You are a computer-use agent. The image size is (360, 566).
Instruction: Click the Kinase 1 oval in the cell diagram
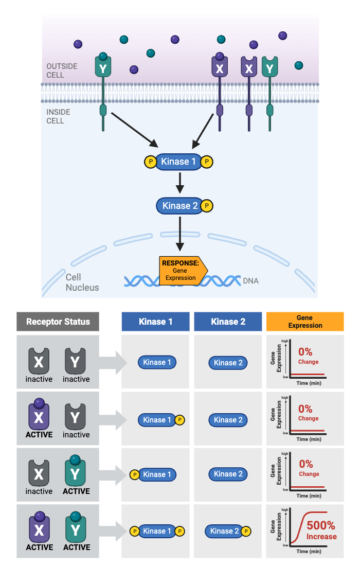tap(178, 162)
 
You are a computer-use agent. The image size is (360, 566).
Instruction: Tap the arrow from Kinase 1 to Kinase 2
tap(179, 183)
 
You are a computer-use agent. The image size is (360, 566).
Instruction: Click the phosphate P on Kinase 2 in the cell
tap(207, 206)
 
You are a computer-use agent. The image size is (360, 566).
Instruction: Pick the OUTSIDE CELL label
tap(62, 70)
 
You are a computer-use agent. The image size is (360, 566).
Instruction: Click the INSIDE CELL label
tap(58, 116)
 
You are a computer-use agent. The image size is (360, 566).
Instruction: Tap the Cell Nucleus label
tap(82, 282)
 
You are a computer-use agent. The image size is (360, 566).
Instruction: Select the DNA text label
tap(250, 281)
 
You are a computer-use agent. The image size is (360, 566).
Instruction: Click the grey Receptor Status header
tap(58, 322)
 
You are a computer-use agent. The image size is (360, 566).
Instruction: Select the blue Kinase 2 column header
tap(228, 322)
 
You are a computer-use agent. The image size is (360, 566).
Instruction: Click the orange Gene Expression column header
tap(305, 322)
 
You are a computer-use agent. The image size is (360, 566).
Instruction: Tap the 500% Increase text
tap(321, 530)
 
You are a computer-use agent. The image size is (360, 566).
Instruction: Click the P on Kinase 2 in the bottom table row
tap(245, 531)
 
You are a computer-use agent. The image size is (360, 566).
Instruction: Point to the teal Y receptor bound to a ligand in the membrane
tap(103, 67)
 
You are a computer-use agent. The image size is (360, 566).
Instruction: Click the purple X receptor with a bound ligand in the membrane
tap(220, 67)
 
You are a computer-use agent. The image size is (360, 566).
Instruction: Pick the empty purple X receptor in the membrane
tap(249, 67)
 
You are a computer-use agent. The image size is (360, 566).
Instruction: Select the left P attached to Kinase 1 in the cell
tap(150, 162)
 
